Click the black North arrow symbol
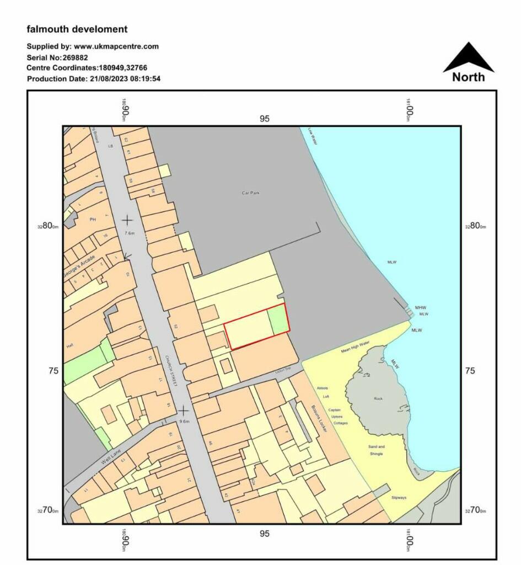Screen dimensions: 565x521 (x=469, y=57)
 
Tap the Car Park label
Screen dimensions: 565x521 (x=250, y=193)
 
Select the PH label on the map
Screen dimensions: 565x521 (x=93, y=219)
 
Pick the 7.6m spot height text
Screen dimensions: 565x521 (x=130, y=233)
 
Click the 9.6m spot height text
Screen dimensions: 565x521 (x=184, y=422)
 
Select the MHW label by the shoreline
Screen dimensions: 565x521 (x=421, y=308)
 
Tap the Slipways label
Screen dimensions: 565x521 (x=399, y=498)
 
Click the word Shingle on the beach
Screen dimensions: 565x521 (x=377, y=454)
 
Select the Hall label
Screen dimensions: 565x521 (x=69, y=346)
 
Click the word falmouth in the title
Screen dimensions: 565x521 (x=46, y=29)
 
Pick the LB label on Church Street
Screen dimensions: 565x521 (x=110, y=146)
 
